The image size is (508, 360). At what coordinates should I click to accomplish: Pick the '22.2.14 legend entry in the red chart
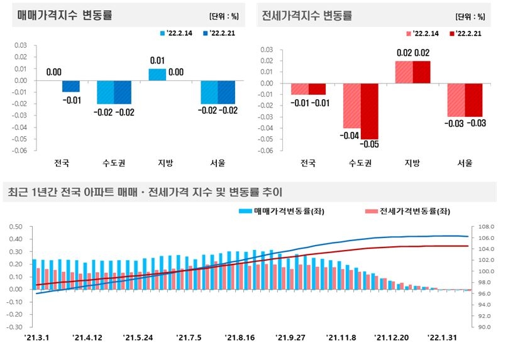426,33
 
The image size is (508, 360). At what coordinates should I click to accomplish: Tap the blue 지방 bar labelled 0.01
157,75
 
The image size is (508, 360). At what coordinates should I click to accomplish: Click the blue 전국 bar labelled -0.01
71,86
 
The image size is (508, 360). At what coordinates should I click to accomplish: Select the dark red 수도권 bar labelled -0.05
369,111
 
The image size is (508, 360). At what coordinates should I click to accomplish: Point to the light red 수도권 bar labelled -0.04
351,106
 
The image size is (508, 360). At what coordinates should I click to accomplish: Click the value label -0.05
369,145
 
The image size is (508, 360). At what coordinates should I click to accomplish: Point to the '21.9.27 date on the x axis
290,338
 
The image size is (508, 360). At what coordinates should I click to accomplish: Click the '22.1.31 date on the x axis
442,338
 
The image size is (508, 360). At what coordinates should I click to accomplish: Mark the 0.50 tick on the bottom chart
14,227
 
